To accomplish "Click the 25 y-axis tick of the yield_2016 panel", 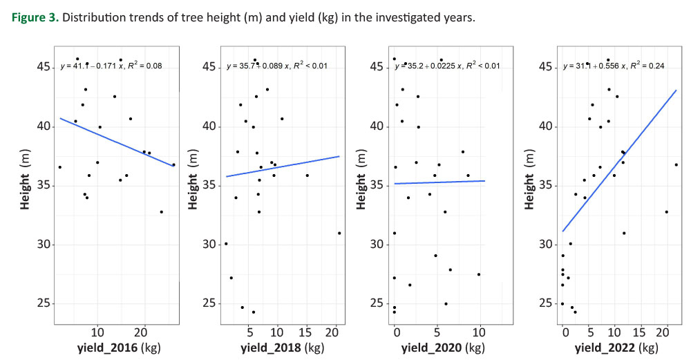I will [x=44, y=303].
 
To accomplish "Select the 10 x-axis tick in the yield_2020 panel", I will [x=478, y=333].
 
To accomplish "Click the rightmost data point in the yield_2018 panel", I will [x=339, y=233].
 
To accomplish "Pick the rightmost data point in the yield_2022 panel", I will [x=676, y=164].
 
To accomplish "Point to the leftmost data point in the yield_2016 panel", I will [x=60, y=167].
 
